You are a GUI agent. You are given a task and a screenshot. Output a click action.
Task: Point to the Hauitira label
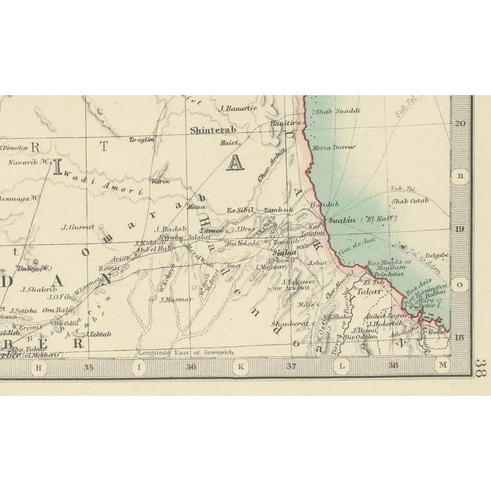pos(288,123)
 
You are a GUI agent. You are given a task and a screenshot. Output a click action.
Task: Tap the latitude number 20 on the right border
pos(460,123)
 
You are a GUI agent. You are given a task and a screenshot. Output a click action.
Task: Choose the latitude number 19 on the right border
pos(460,229)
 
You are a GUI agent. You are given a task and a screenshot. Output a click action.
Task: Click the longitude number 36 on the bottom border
pos(191,367)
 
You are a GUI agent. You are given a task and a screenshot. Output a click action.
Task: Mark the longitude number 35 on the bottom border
pos(88,367)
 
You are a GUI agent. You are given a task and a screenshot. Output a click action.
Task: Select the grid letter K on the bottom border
pos(240,367)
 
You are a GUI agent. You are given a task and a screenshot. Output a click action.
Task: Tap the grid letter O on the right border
pos(460,284)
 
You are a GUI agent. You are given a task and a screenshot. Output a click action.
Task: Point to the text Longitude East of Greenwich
pos(179,354)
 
